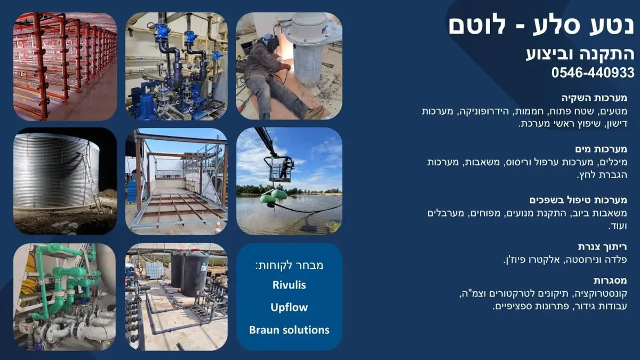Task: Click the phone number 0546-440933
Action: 593,73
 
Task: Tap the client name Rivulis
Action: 289,285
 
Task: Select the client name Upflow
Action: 289,307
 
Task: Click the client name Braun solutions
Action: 289,330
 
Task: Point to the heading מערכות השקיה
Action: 594,98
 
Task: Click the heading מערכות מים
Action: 601,149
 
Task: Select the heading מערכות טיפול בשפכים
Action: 578,200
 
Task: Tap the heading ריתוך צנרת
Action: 602,247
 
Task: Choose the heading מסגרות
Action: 610,281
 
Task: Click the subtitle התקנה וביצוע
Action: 580,54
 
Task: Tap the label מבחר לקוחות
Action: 289,266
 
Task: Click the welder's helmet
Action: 270,42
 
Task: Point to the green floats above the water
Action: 274,196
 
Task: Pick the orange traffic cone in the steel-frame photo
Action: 218,225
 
